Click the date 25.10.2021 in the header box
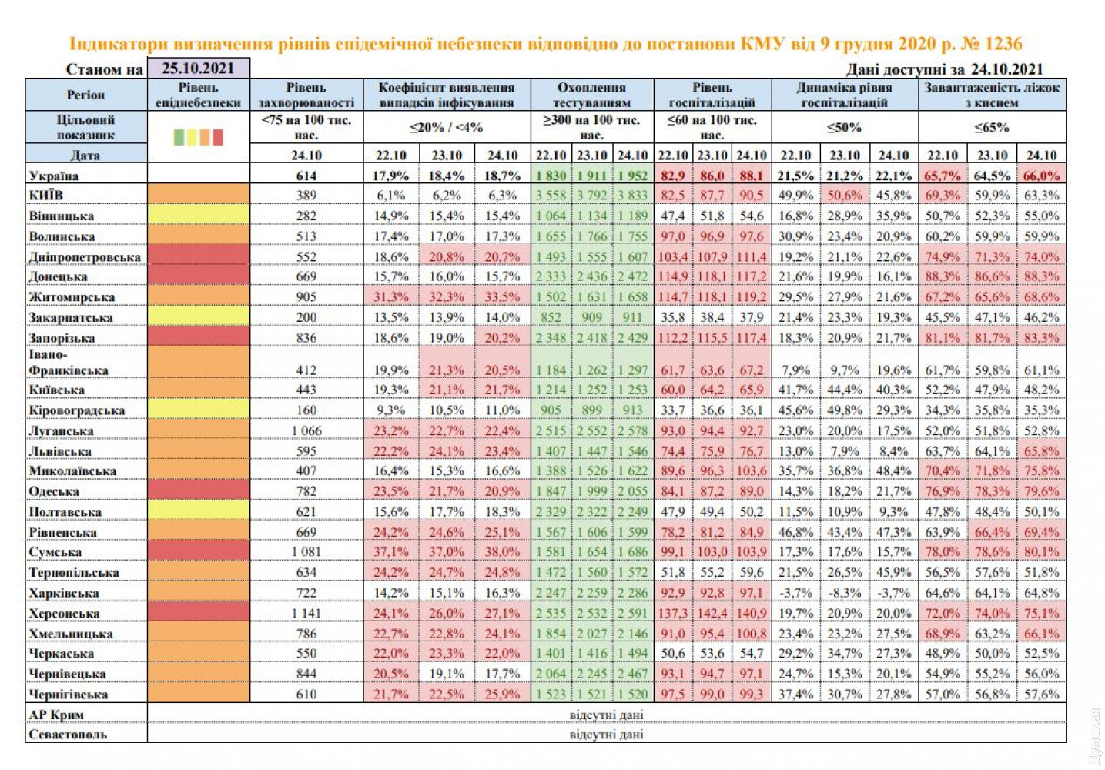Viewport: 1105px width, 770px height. pos(198,68)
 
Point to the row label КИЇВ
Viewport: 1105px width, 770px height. pos(46,196)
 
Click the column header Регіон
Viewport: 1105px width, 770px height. pos(85,95)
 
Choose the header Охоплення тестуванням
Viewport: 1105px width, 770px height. pos(591,95)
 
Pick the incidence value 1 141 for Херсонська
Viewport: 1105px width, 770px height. pos(306,614)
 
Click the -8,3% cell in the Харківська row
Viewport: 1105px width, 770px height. pos(845,593)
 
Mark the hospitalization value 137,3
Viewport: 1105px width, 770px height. pos(673,614)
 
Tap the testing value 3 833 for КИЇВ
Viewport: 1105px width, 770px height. pos(632,196)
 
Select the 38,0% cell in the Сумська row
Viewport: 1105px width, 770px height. pos(502,552)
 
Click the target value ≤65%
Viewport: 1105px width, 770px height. pos(992,127)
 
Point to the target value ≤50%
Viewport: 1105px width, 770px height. pos(844,127)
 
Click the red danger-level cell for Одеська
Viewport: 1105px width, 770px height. pos(198,491)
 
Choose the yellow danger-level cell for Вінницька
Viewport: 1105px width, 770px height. pos(198,216)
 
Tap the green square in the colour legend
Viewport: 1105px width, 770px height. pos(179,137)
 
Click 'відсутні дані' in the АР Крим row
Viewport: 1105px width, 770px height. pos(606,715)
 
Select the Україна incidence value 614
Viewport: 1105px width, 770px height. pos(306,176)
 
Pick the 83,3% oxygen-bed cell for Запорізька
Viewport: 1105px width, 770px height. pos(1041,338)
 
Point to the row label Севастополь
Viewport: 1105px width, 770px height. pos(68,735)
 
